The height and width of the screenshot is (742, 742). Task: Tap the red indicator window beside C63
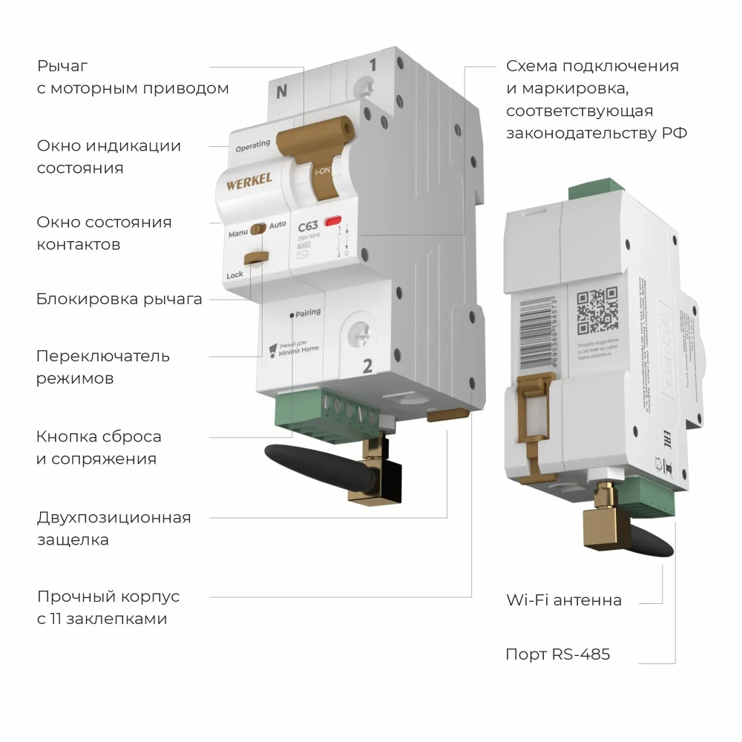click(332, 221)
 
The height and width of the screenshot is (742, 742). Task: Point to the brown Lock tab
click(256, 257)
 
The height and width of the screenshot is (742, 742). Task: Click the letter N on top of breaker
click(281, 92)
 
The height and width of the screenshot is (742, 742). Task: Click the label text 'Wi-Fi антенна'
click(564, 600)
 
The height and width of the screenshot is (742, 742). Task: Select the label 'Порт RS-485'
click(557, 654)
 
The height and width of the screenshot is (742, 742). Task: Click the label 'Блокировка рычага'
click(119, 300)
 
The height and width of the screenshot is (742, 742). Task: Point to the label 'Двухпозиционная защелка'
click(114, 528)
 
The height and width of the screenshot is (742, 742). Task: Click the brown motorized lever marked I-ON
click(321, 160)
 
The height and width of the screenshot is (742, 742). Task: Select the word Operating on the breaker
click(252, 145)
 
